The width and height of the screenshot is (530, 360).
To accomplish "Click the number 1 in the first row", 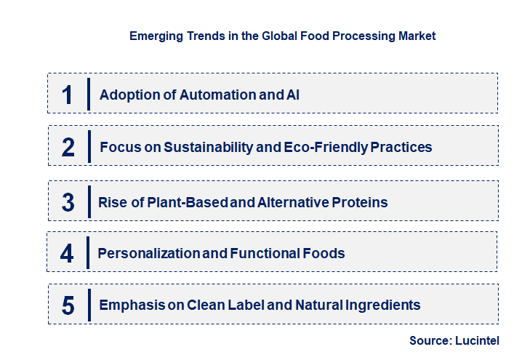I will click(67, 95).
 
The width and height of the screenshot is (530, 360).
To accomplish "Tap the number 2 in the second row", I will click(68, 148).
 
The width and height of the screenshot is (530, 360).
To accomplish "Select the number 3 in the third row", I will click(68, 202).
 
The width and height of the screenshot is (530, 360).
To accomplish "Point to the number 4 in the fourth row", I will click(68, 254).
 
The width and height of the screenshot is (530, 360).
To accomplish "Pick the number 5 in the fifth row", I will click(68, 305).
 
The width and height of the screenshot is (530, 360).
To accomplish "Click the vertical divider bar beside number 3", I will click(89, 201).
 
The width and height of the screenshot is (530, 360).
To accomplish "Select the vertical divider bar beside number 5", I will click(89, 304).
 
